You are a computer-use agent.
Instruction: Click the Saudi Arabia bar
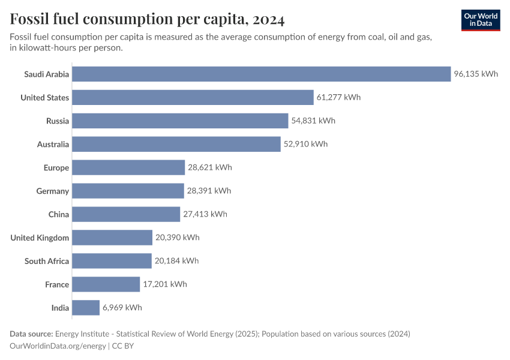coord(261,74)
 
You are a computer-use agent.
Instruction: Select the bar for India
coord(86,308)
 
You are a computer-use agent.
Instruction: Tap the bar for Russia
coord(180,121)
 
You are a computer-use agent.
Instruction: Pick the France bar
coord(106,284)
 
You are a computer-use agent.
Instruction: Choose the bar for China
coord(126,214)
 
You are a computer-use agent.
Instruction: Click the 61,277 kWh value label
coord(339,98)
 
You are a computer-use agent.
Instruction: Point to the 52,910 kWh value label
coord(306,145)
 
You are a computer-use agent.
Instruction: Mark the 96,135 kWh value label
coord(476,74)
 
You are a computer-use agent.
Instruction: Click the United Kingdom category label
coord(40,238)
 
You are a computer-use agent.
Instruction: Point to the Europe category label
coord(56,168)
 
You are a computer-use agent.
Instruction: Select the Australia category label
coord(53,145)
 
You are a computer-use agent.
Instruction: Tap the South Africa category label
coord(47,262)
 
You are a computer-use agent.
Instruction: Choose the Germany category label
coord(53,191)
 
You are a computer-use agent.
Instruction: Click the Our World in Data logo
coord(481,20)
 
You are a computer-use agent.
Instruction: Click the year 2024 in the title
coord(269,20)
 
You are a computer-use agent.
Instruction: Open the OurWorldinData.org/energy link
coord(58,346)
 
